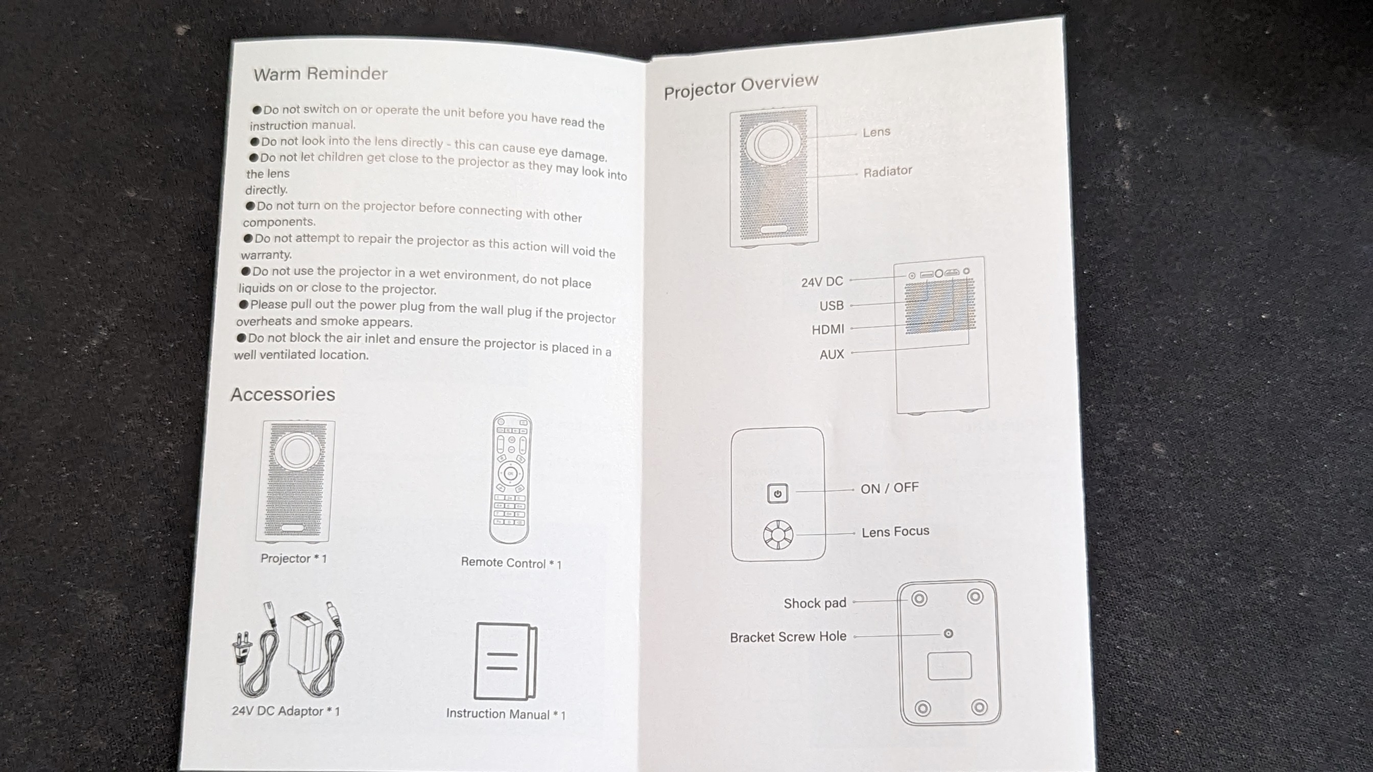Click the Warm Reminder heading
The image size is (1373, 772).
320,74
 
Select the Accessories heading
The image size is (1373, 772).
283,394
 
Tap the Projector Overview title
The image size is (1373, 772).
741,86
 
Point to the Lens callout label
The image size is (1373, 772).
876,132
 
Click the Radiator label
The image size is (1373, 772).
887,172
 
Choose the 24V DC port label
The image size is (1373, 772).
822,282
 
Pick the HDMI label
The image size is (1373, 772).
828,330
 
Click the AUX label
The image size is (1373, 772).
832,354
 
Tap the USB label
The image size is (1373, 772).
832,306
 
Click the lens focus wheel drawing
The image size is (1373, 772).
777,535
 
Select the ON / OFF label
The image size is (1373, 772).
889,488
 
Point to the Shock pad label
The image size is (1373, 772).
814,603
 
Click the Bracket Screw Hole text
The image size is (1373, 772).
788,637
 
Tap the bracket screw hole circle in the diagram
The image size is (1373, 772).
948,634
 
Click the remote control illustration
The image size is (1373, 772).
510,478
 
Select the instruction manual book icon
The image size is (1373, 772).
505,661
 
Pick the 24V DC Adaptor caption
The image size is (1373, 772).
286,711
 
